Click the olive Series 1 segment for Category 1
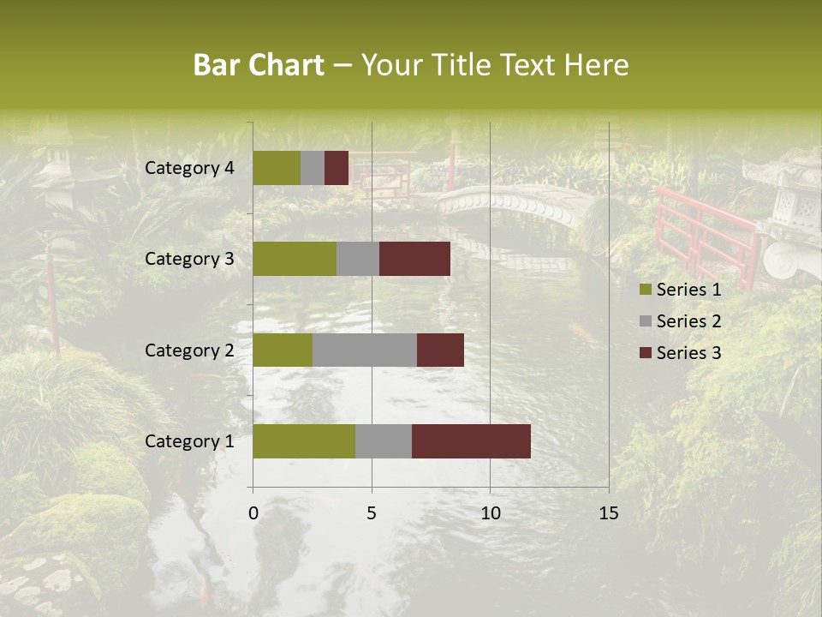[304, 441]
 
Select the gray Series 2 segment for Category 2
[365, 350]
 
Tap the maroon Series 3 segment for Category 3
[414, 259]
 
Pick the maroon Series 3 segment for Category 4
[337, 168]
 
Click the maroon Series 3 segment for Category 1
[471, 441]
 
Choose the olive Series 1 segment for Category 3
[295, 259]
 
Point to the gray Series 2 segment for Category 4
[313, 168]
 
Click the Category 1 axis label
[189, 441]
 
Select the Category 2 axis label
[189, 350]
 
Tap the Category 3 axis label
[189, 259]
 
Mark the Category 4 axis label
[189, 168]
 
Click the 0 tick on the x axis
[253, 513]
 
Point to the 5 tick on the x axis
[372, 513]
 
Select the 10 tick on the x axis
[490, 513]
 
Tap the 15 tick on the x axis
[608, 513]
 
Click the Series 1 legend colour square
[646, 290]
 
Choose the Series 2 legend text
[688, 321]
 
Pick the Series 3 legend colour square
[646, 353]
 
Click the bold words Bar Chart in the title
[259, 65]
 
